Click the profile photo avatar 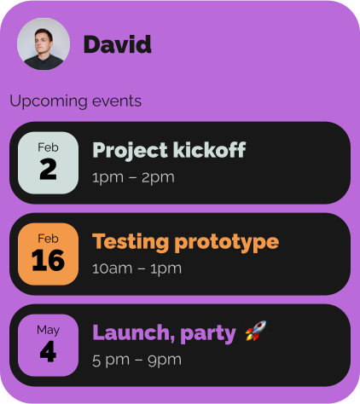(x=44, y=43)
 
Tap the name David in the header (x=118, y=44)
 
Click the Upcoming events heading (x=75, y=101)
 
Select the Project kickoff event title (x=169, y=150)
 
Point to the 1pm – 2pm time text (x=133, y=178)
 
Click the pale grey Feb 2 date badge (x=48, y=163)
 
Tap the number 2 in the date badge (x=48, y=169)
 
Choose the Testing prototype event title (x=185, y=242)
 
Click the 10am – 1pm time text (x=136, y=269)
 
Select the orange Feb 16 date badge (x=48, y=254)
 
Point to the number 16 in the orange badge (x=48, y=260)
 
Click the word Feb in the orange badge (x=48, y=239)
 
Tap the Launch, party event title (x=164, y=333)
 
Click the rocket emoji (x=256, y=331)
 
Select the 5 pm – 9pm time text (x=136, y=361)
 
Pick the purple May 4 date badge (x=48, y=345)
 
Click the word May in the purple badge (x=48, y=330)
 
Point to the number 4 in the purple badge (x=48, y=351)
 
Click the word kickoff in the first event (x=210, y=149)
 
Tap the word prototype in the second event (x=227, y=243)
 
